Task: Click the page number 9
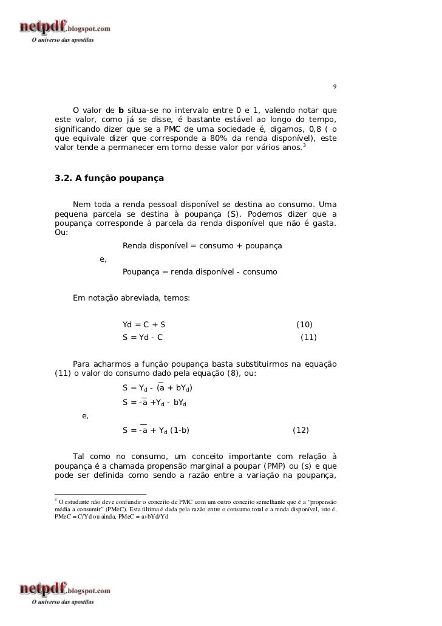point(333,86)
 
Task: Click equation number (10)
point(304,325)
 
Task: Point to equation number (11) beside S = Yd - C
point(309,337)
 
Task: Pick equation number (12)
point(301,430)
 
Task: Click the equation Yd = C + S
point(144,325)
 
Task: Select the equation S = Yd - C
point(143,337)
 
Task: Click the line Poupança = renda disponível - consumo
point(200,272)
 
